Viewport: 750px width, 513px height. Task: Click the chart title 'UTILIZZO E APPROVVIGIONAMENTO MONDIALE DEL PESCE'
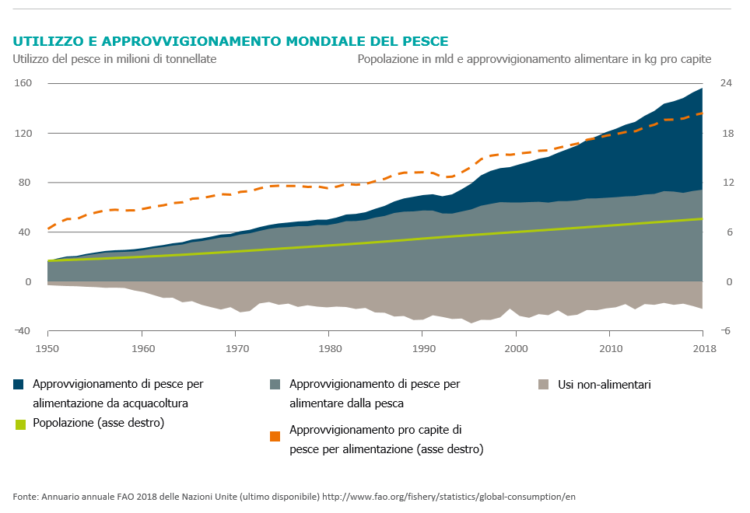[x=230, y=41]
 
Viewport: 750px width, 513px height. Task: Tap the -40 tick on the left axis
[x=22, y=331]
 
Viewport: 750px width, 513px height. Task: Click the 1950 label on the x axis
[x=47, y=347]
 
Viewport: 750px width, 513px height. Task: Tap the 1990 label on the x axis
[x=422, y=347]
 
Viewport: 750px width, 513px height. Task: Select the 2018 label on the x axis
[x=703, y=347]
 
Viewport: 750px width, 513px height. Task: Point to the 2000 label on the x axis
[x=516, y=347]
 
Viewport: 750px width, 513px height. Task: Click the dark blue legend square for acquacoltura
[x=19, y=384]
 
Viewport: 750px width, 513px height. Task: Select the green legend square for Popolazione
[x=19, y=424]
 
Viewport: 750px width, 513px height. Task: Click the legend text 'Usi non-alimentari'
[x=605, y=384]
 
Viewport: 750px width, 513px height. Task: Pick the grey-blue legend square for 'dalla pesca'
[x=275, y=384]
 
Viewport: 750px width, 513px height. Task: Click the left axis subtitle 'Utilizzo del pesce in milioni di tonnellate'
[x=114, y=58]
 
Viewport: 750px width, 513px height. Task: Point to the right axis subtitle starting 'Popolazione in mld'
[x=534, y=58]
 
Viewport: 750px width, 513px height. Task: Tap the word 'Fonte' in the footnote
[x=26, y=496]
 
